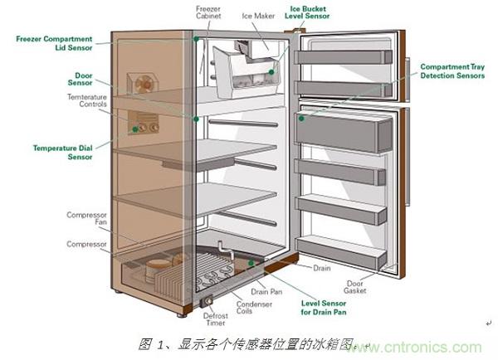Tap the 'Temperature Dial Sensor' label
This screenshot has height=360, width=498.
[62, 152]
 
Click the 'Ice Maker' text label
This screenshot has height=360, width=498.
[257, 16]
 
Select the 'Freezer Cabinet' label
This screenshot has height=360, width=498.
[208, 12]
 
